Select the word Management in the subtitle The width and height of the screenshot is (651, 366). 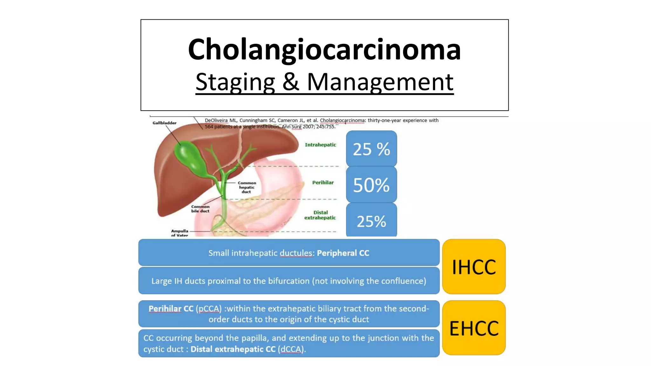[x=380, y=82]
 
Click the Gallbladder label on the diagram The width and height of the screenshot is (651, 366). [x=164, y=123]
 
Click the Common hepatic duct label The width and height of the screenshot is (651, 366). [x=247, y=187]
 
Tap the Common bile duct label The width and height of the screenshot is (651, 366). [x=200, y=209]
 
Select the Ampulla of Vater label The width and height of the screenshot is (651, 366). [x=180, y=233]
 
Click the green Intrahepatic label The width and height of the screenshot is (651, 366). [x=320, y=145]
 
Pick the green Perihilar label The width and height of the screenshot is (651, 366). [x=323, y=183]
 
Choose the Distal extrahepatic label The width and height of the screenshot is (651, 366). [x=320, y=215]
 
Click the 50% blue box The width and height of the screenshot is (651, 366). [x=371, y=185]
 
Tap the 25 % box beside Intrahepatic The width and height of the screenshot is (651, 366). [x=371, y=149]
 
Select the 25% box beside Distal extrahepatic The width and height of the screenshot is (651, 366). [x=371, y=221]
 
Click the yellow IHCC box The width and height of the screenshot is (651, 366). [x=474, y=267]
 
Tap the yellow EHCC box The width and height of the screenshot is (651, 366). [x=474, y=328]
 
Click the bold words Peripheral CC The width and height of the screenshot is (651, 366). [x=343, y=253]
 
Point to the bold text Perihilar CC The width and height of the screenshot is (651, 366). [x=171, y=309]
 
